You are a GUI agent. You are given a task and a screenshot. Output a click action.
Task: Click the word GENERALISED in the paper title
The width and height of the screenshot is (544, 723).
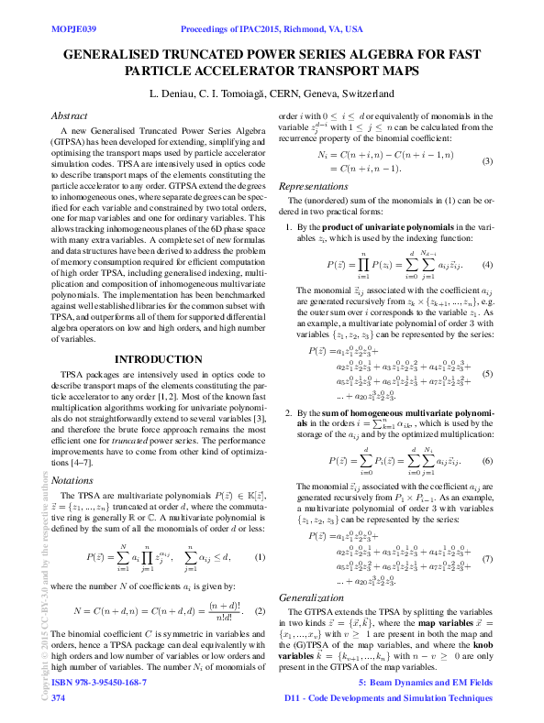tap(121, 54)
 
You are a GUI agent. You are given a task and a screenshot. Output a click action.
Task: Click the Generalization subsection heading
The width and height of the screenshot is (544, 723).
tap(310, 621)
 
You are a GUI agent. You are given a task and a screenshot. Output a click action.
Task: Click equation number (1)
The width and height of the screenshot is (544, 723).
tap(260, 557)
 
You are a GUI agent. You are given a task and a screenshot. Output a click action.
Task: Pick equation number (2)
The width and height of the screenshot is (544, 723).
tap(260, 610)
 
